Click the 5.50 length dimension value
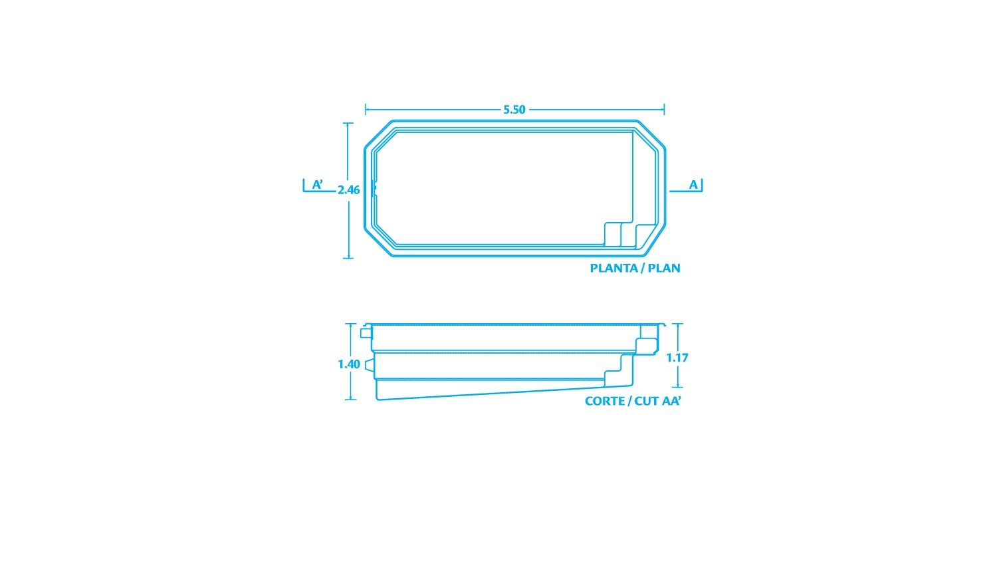pos(514,110)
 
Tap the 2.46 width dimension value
pos(348,190)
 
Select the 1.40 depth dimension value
pos(349,364)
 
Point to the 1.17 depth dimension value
pos(677,358)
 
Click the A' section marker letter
pos(317,184)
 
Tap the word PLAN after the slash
pos(663,268)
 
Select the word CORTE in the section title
pos(604,401)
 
